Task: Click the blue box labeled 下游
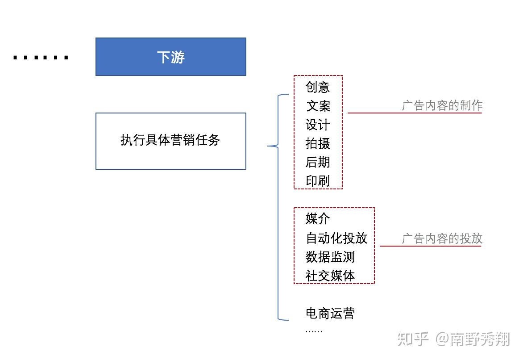(171, 57)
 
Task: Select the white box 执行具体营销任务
(171, 141)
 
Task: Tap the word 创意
(318, 87)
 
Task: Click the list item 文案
(318, 106)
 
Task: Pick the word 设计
(318, 125)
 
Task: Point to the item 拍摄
(318, 143)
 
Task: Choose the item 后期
(318, 162)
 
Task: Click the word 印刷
(318, 181)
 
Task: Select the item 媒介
(318, 219)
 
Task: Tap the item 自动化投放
(336, 238)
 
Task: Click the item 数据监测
(330, 257)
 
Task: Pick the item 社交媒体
(330, 276)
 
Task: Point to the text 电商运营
(330, 313)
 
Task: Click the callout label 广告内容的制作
(442, 106)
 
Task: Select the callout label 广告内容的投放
(442, 239)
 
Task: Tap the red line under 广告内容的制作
(415, 113)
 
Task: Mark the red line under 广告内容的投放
(430, 246)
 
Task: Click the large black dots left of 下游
(41, 58)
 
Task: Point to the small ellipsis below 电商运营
(314, 331)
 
